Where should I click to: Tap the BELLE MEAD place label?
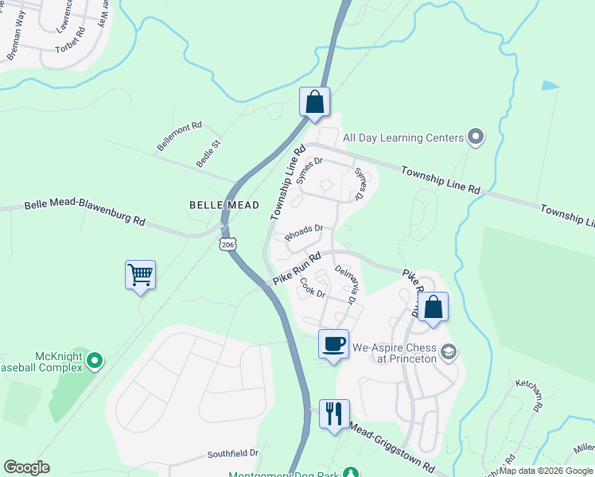click(224, 205)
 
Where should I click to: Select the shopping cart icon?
click(140, 276)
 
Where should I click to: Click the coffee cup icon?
click(333, 344)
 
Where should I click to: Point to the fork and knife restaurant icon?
click(333, 413)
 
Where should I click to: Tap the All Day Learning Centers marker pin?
click(476, 138)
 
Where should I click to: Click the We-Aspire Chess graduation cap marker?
click(449, 351)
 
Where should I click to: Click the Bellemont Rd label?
click(180, 136)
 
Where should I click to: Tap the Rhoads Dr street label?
click(303, 232)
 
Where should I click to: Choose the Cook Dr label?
click(313, 288)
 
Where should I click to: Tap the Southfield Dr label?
click(233, 453)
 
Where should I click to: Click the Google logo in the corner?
click(26, 467)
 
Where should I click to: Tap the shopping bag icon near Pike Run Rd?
click(434, 308)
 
